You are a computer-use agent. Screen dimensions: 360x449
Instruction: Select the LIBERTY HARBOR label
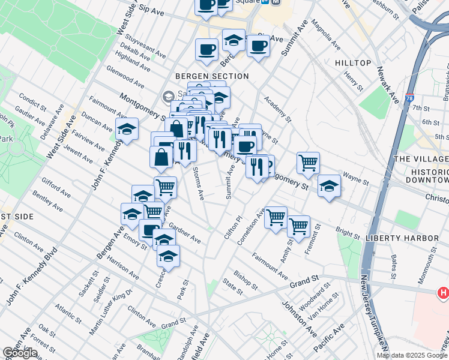(402, 238)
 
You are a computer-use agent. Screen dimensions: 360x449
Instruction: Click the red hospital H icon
(443, 293)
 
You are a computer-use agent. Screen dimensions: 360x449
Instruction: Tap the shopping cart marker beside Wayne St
(308, 163)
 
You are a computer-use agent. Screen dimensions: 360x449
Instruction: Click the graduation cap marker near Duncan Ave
(127, 129)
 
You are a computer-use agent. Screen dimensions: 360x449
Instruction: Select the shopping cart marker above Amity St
(298, 227)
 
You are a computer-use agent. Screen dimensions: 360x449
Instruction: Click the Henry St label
(354, 80)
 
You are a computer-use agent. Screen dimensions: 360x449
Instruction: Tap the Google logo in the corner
(20, 353)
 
